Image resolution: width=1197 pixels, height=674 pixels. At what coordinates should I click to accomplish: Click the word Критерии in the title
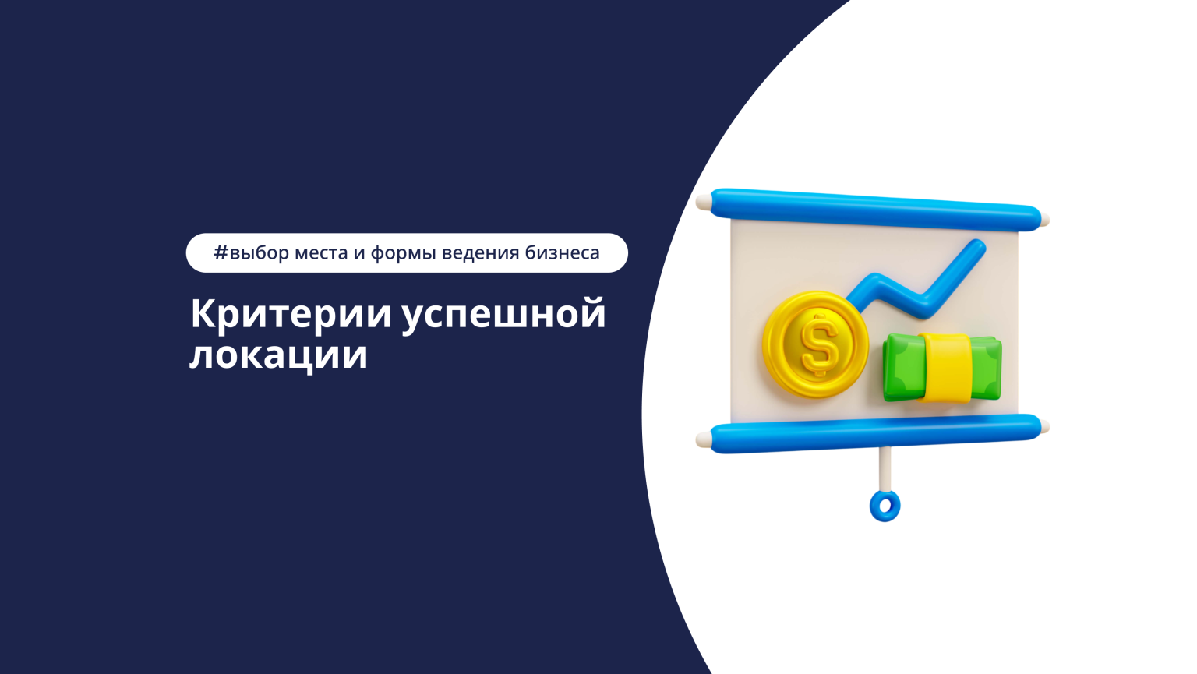(291, 314)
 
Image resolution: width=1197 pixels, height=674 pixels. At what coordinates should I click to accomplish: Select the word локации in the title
(278, 355)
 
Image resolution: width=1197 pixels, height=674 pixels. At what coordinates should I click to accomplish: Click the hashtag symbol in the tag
(221, 252)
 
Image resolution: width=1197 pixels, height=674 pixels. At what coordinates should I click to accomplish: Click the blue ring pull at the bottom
(885, 506)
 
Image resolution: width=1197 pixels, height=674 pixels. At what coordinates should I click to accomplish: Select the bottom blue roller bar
(873, 433)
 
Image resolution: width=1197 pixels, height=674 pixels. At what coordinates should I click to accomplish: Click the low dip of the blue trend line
(923, 306)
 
